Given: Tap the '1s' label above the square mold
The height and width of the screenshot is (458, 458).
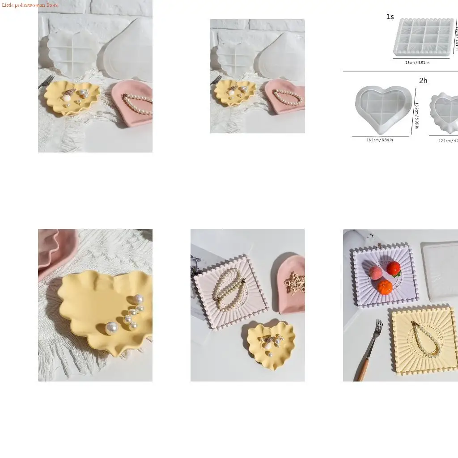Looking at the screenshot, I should coord(390,17).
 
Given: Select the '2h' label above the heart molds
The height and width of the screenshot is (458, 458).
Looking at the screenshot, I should coord(423,81).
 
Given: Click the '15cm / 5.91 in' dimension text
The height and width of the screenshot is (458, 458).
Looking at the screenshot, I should coord(417,63).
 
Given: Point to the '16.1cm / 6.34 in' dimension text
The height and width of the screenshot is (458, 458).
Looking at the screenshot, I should coord(380,140).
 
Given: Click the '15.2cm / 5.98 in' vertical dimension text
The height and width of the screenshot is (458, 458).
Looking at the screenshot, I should coord(416,115).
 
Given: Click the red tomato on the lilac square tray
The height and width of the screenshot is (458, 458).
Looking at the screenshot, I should coord(394,268).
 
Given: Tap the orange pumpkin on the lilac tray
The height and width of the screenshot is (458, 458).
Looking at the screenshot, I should coord(385,287).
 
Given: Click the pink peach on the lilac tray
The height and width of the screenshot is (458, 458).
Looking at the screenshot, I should coord(376,272).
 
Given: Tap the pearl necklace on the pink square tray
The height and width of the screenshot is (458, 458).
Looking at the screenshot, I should coord(226,291).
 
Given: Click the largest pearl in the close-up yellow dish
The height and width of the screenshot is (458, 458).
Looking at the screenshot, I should coord(110,329).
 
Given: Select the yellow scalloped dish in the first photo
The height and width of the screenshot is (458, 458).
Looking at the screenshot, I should coord(72,98).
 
